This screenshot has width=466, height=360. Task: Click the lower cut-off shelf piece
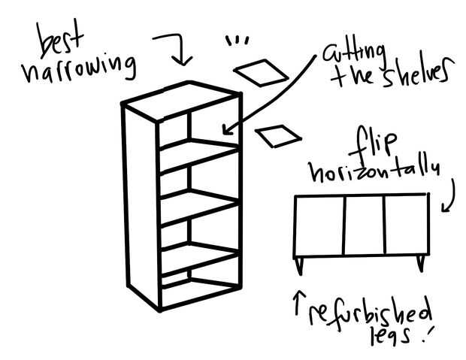278,136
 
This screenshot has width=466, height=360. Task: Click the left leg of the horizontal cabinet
300,265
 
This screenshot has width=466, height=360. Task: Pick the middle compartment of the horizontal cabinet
365,225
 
